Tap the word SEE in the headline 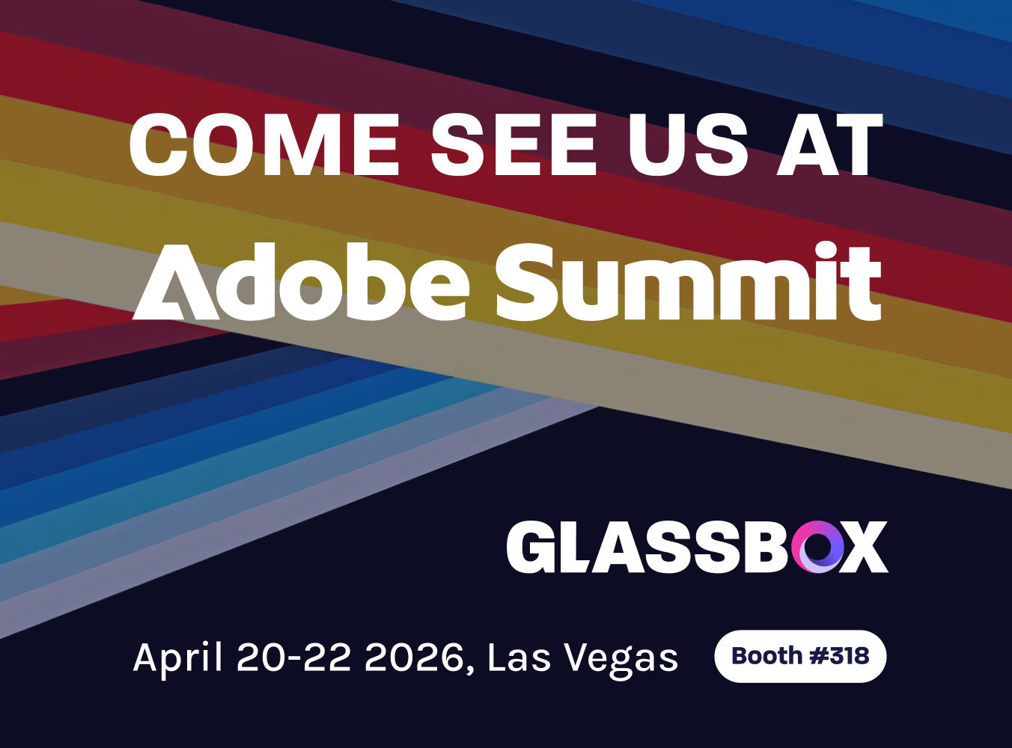513,144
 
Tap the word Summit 689,282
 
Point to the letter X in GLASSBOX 865,547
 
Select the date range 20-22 294,657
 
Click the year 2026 414,657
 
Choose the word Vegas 621,660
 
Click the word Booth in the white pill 767,656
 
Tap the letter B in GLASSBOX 767,547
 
